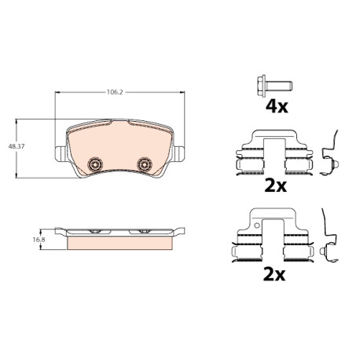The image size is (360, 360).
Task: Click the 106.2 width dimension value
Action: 115,92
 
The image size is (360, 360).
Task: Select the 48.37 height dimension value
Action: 17,146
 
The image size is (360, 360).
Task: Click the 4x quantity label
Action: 277,106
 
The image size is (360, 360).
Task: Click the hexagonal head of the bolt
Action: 262,86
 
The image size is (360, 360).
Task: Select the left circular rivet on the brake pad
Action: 94,164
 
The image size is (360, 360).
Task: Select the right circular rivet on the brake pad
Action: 145,164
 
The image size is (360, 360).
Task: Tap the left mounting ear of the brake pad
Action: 61,154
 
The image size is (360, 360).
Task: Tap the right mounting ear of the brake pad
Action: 178,154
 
